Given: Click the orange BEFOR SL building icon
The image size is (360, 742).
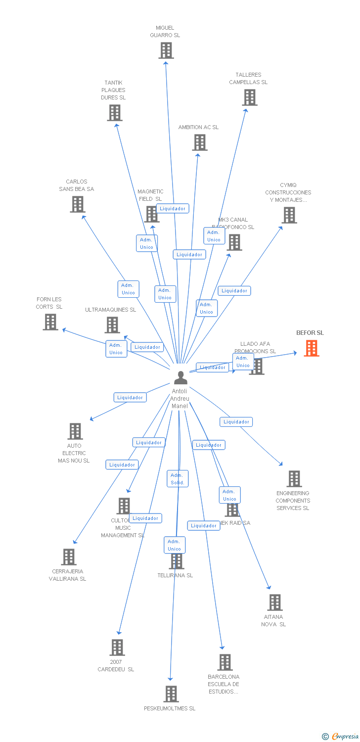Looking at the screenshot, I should pyautogui.click(x=311, y=348).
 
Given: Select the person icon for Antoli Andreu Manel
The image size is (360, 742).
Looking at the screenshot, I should pyautogui.click(x=180, y=378).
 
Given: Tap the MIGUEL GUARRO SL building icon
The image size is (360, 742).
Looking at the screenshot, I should pyautogui.click(x=166, y=50).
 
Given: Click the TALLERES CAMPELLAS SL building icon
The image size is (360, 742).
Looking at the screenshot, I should pyautogui.click(x=250, y=97).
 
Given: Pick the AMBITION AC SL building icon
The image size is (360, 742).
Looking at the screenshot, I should pyautogui.click(x=199, y=142).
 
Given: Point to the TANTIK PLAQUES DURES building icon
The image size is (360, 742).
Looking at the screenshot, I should pyautogui.click(x=115, y=113).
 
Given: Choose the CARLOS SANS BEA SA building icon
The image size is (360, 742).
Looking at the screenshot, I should pyautogui.click(x=77, y=204).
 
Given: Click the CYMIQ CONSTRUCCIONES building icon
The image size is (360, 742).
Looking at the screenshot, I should pyautogui.click(x=289, y=215).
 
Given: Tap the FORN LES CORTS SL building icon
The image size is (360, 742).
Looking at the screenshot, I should pyautogui.click(x=50, y=322).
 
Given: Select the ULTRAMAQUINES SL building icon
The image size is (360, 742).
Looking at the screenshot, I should pyautogui.click(x=112, y=325).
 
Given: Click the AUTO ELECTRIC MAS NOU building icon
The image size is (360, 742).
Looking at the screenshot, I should pyautogui.click(x=75, y=431).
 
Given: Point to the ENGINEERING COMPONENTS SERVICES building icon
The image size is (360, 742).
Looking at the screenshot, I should pyautogui.click(x=294, y=479).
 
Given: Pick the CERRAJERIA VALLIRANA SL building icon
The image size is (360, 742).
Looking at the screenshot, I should pyautogui.click(x=69, y=557).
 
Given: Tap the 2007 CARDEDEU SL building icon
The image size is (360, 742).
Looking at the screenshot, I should pyautogui.click(x=117, y=648).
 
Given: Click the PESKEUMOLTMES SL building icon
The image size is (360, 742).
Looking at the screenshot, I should pyautogui.click(x=171, y=694).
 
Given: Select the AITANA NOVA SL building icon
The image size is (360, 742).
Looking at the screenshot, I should pyautogui.click(x=274, y=603).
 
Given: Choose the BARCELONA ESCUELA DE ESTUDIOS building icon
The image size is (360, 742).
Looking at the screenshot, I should pyautogui.click(x=225, y=662).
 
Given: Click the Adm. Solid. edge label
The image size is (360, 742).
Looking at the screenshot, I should pyautogui.click(x=178, y=478).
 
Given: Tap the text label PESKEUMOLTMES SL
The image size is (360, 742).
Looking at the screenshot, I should pyautogui.click(x=170, y=708).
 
